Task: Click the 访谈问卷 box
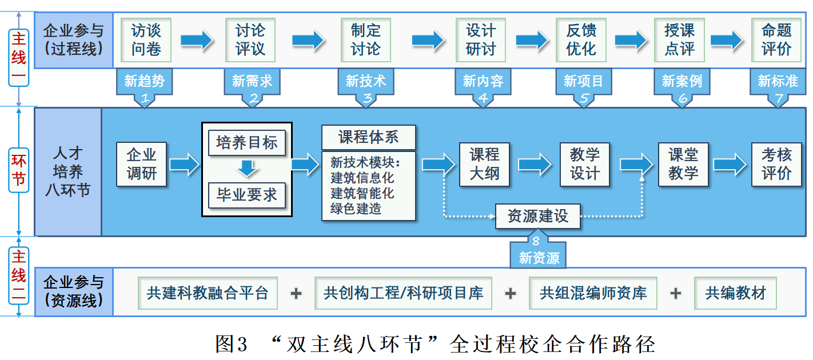[146, 39]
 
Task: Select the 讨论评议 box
[250, 39]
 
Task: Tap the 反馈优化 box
[581, 39]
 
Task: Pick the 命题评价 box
[776, 39]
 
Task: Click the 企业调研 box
[141, 164]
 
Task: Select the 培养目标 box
[246, 143]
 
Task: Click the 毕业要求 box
[246, 195]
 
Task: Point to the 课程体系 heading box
[368, 137]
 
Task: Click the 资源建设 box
[538, 216]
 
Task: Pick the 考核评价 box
[776, 164]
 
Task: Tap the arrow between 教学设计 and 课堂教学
[636, 165]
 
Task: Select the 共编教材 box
[735, 293]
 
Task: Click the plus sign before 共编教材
[676, 294]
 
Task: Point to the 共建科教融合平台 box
[208, 293]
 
